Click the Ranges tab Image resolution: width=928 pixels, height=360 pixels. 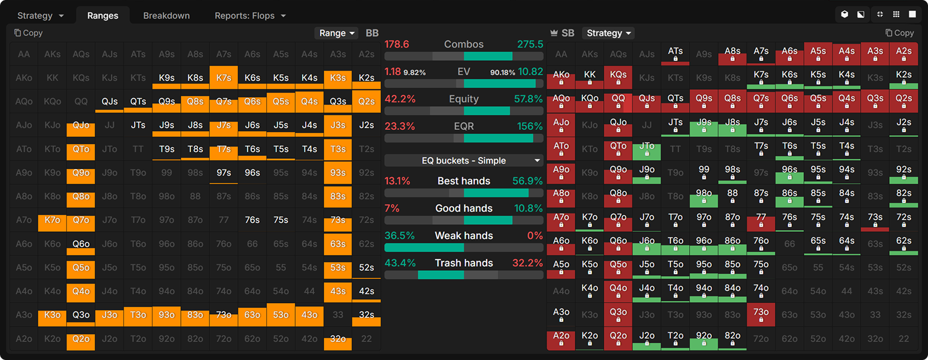(103, 16)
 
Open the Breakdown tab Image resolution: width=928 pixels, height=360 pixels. (166, 16)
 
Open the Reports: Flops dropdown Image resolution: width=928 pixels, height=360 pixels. (250, 16)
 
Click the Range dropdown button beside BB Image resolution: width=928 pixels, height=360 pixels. (336, 33)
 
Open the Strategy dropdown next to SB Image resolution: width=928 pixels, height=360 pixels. (608, 33)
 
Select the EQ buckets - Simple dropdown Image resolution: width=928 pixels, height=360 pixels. (463, 161)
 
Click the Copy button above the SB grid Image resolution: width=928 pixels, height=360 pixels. (900, 33)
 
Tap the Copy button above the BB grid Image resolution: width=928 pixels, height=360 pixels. (28, 33)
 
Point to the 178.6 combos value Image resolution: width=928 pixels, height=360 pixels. (397, 44)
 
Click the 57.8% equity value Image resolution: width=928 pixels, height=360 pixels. (528, 99)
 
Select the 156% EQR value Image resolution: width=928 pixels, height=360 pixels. (530, 126)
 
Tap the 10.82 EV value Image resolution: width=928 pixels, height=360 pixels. (530, 72)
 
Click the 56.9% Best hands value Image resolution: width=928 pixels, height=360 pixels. (527, 181)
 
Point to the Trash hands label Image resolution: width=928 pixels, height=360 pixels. (463, 263)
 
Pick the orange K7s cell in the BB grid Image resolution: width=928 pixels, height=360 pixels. (224, 78)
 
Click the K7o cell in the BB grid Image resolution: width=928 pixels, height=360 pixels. (52, 220)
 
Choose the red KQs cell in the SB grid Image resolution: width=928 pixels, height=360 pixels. (618, 78)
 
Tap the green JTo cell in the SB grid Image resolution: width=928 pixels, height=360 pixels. (647, 149)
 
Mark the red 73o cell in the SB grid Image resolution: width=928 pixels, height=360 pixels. (761, 315)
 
